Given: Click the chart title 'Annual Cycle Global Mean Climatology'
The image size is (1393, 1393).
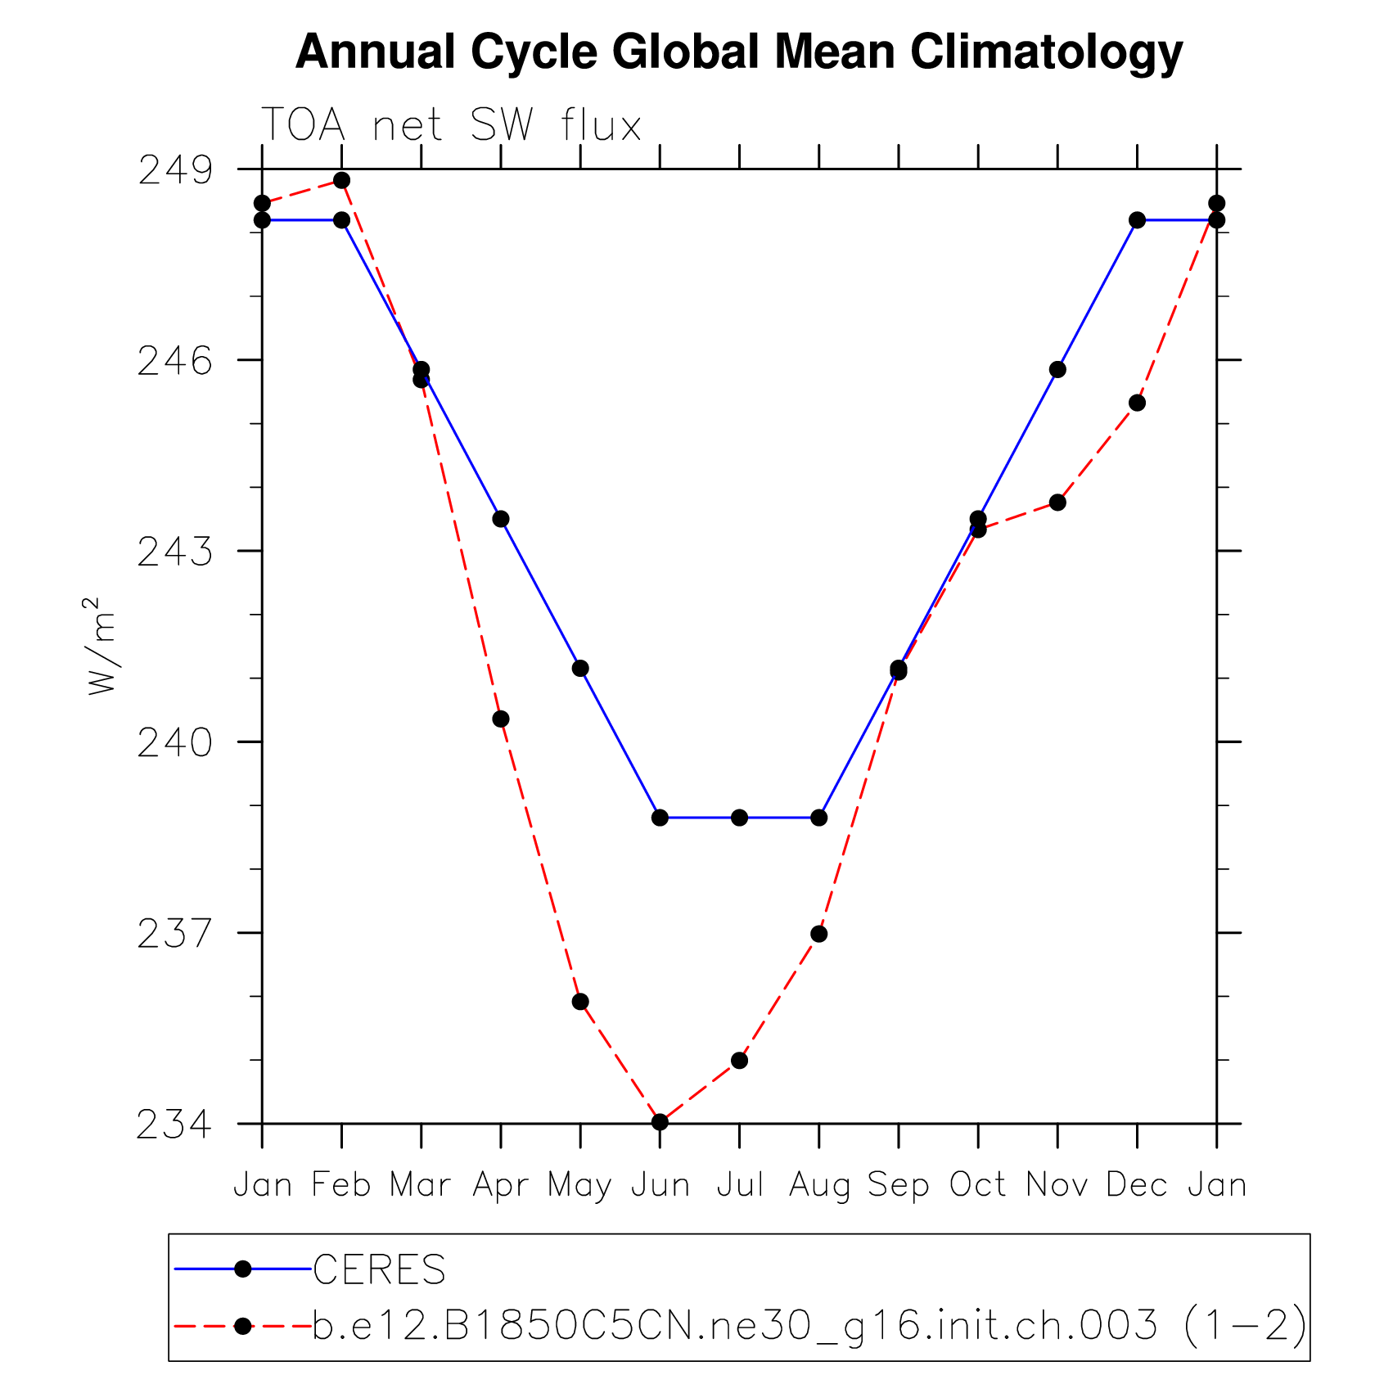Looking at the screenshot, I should tap(738, 52).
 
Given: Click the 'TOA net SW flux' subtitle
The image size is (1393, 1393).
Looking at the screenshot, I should tap(451, 126).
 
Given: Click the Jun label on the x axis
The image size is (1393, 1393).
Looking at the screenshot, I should tap(660, 1185).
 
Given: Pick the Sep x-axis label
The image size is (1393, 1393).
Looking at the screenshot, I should tap(898, 1185).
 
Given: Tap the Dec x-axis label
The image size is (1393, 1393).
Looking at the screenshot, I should tap(1136, 1185).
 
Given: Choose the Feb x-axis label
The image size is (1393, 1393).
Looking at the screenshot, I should tap(341, 1185).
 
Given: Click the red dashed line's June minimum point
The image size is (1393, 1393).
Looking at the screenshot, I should tap(660, 1121).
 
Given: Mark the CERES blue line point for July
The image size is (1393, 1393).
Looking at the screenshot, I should tap(739, 818).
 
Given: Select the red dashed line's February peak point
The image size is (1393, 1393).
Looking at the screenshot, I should tap(341, 180).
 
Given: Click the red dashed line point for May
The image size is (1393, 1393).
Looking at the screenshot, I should tap(580, 1002).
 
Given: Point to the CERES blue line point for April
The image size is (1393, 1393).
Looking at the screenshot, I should tap(501, 519).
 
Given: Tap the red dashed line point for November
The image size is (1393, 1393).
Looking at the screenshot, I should tap(1057, 502).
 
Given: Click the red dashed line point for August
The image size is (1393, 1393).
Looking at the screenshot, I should tap(818, 934).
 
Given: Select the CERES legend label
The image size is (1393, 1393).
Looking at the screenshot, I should tap(379, 1269).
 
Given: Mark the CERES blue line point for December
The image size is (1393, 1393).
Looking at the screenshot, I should tap(1137, 220).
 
